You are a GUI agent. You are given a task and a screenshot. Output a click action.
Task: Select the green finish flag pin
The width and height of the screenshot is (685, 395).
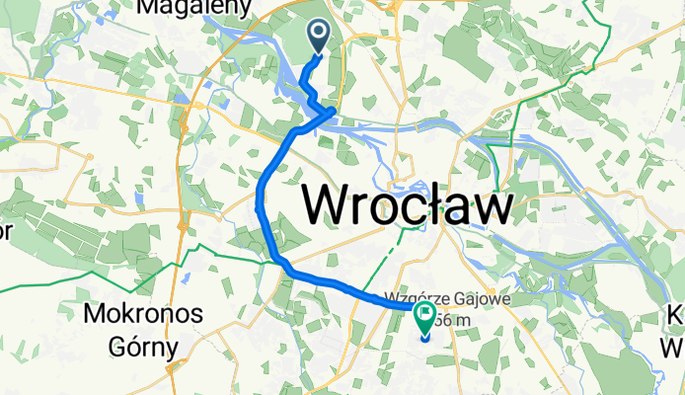(426, 319)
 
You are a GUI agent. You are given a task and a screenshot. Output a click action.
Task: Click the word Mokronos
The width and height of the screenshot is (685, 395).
(143, 315)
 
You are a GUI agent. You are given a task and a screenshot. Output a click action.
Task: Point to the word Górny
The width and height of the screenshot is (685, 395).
(143, 347)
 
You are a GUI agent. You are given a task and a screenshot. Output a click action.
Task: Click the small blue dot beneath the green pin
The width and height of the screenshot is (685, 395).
(426, 339)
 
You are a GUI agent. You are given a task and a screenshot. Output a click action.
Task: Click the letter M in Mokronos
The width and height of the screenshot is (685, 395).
(97, 315)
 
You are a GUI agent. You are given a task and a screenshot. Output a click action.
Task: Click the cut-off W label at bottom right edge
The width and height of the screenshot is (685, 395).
(676, 347)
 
